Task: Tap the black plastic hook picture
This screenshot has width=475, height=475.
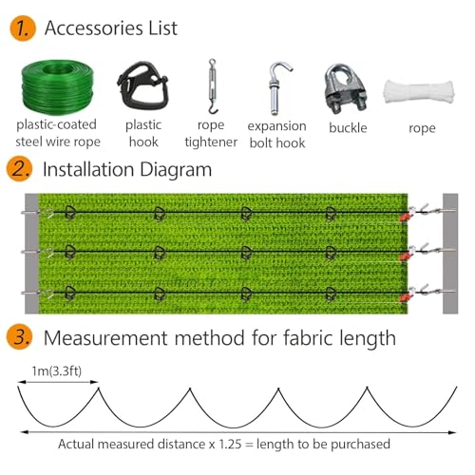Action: click(x=143, y=85)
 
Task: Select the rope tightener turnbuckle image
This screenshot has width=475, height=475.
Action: click(x=212, y=86)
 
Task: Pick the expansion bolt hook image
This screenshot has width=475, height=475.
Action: click(x=277, y=88)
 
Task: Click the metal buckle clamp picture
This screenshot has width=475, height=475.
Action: click(x=346, y=89)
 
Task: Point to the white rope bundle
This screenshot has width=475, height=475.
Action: click(x=419, y=92)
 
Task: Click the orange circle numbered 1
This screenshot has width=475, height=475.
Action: click(x=23, y=28)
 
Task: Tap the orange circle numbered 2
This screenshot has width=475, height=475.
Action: click(x=19, y=169)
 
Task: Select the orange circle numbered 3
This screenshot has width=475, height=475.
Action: click(x=19, y=336)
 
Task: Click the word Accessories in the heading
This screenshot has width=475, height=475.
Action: click(x=94, y=28)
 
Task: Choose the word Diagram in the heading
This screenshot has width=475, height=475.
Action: click(x=176, y=170)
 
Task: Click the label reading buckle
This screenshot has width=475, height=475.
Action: click(x=348, y=128)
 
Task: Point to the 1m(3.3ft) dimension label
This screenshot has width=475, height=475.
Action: click(x=57, y=370)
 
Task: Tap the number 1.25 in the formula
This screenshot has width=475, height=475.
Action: click(x=230, y=444)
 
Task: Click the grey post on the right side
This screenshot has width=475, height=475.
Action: click(x=450, y=254)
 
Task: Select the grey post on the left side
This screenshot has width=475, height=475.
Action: click(x=31, y=254)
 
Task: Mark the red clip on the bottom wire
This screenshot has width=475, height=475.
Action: click(x=404, y=297)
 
